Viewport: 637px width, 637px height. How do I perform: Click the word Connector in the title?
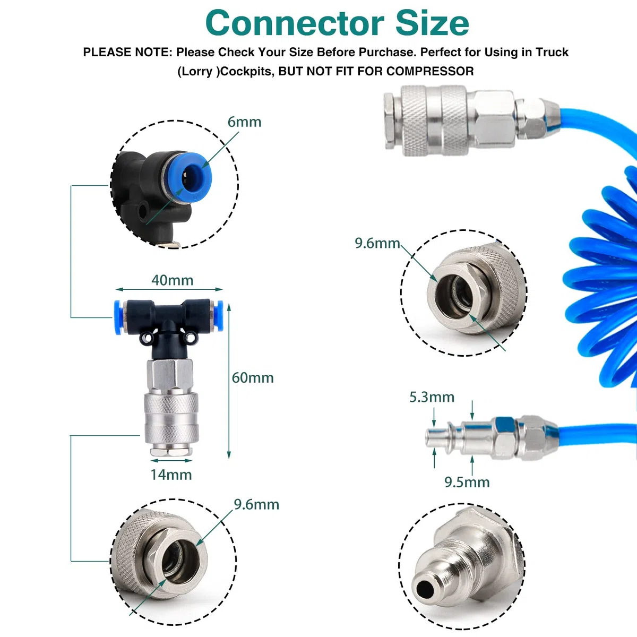pyautogui.click(x=295, y=23)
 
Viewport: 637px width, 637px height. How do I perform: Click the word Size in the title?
pyautogui.click(x=433, y=23)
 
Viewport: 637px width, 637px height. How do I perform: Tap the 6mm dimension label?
pyautogui.click(x=244, y=122)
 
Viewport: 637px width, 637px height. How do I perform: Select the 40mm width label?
pyautogui.click(x=172, y=280)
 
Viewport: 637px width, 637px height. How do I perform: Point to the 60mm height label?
pyautogui.click(x=253, y=378)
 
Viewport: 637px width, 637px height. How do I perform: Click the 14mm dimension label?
pyautogui.click(x=171, y=475)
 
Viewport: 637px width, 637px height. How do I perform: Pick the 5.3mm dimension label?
pyautogui.click(x=432, y=397)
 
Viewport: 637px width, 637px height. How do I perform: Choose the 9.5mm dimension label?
pyautogui.click(x=467, y=483)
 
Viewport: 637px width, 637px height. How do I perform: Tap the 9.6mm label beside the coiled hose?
pyautogui.click(x=377, y=243)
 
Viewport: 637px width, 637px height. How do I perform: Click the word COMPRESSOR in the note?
pyautogui.click(x=430, y=71)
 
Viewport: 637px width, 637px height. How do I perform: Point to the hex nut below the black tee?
pyautogui.click(x=169, y=375)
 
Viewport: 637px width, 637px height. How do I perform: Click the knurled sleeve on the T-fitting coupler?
pyautogui.click(x=171, y=418)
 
